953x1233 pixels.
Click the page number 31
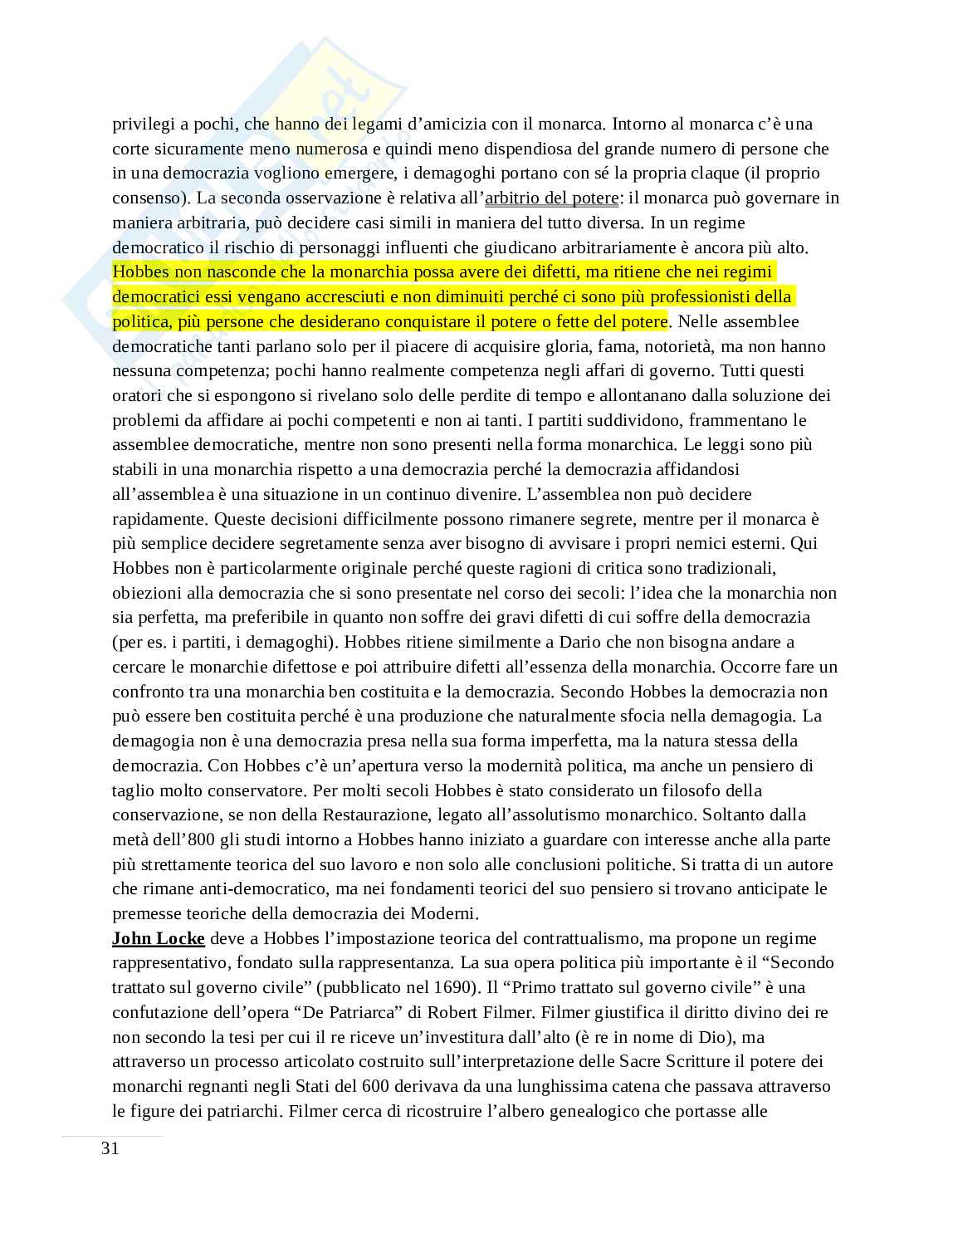click(110, 1149)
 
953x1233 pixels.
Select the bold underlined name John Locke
click(158, 938)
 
